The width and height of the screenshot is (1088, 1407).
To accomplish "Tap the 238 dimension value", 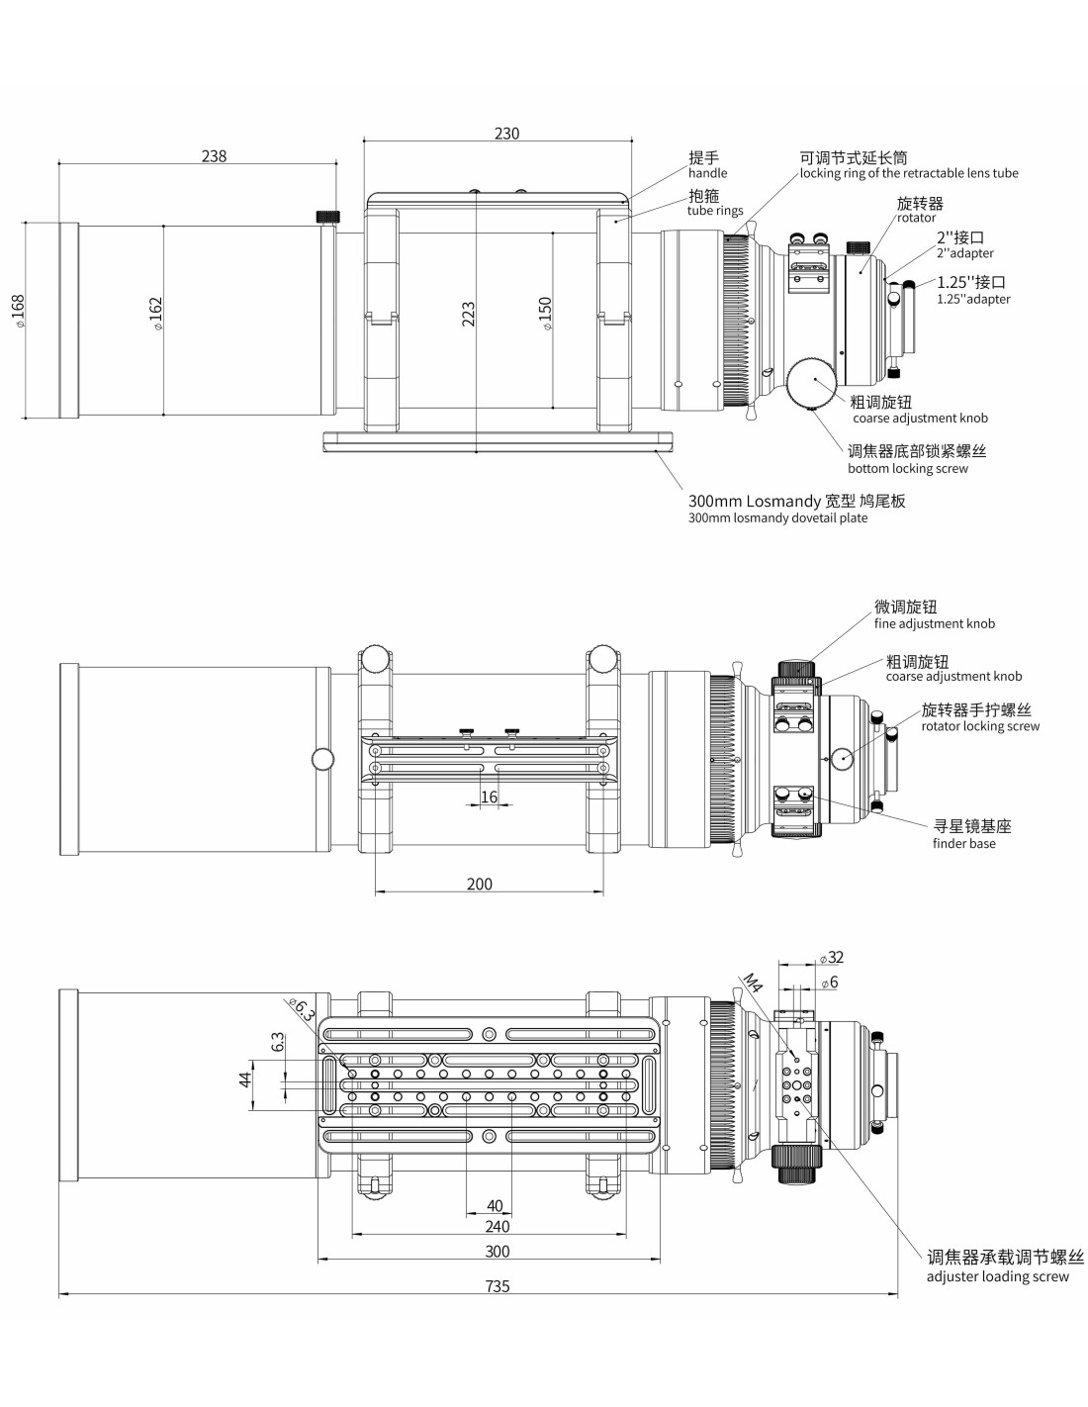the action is [215, 156].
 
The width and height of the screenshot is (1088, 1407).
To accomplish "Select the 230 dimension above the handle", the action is [506, 134].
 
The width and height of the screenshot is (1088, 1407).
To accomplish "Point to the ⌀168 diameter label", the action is [18, 311].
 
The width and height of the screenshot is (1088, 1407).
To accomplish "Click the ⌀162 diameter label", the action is [156, 314].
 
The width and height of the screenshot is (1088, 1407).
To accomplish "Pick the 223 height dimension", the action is [468, 314].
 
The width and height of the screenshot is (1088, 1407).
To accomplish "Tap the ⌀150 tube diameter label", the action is [546, 314].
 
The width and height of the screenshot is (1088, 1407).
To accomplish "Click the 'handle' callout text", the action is [707, 173].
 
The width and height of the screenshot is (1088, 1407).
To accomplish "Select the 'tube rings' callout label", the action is [715, 211].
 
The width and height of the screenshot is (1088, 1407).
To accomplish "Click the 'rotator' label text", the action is [916, 218].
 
